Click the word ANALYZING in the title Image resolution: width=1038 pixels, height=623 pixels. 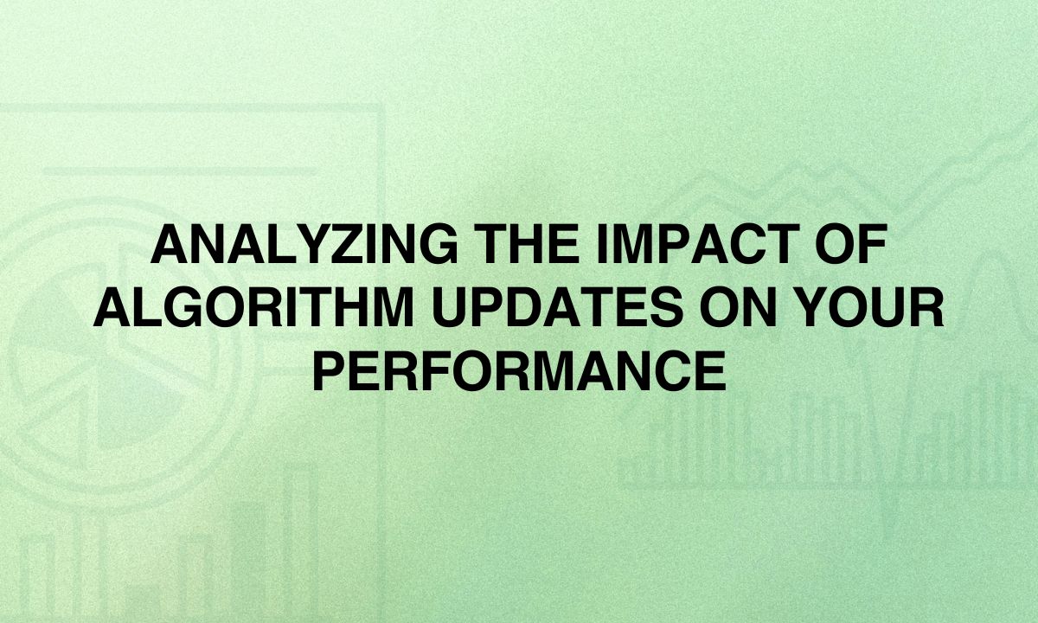[304, 244]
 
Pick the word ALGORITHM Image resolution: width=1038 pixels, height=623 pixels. [254, 307]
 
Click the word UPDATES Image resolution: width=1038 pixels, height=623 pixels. [558, 307]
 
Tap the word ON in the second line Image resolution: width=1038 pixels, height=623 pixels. [738, 307]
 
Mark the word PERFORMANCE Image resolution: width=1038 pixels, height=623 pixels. [519, 371]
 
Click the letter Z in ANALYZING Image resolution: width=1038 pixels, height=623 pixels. [332, 244]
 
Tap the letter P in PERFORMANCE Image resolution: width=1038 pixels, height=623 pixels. [329, 371]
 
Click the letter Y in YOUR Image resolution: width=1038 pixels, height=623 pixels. [814, 307]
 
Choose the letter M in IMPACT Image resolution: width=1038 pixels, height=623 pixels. [632, 244]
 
